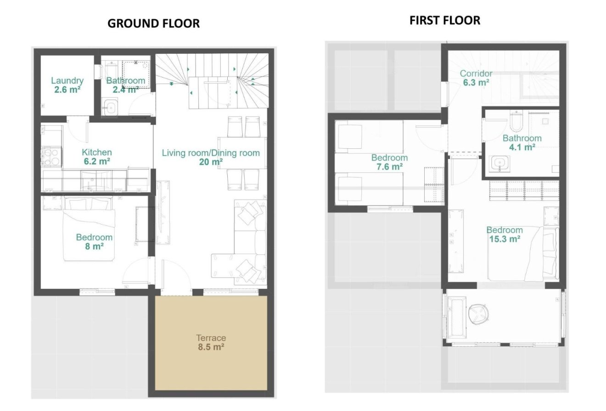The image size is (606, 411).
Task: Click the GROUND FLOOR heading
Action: (153, 23)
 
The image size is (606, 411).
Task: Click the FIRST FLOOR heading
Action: (445, 21)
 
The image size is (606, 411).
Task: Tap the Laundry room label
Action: (67, 81)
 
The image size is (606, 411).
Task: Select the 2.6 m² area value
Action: (67, 90)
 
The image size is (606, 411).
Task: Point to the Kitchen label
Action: (96, 152)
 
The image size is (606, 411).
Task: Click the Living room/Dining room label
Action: (211, 153)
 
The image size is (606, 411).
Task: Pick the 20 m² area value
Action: (211, 162)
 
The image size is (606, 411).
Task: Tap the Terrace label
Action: (211, 338)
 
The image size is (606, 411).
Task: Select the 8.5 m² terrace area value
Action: (211, 347)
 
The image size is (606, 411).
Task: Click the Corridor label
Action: (476, 73)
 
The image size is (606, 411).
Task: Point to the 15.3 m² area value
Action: (505, 239)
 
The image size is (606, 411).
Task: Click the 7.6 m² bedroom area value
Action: (389, 167)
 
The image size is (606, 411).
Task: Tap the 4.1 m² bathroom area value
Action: (522, 147)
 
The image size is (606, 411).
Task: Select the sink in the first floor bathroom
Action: (499, 163)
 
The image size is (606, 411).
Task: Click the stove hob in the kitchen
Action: (51, 157)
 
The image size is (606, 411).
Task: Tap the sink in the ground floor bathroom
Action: (110, 107)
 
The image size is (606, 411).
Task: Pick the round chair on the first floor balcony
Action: (478, 314)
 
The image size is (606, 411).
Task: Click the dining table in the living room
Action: (241, 153)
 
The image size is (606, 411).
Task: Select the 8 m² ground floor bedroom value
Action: (94, 247)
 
